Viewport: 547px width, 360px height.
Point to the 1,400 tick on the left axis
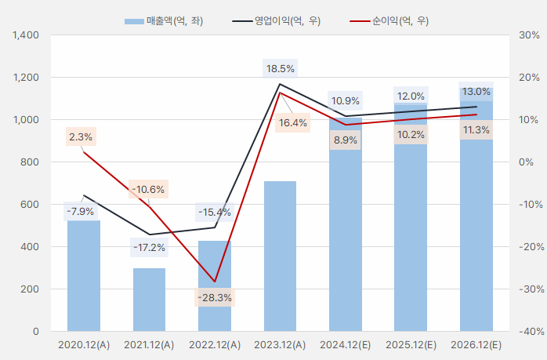[x=26, y=35]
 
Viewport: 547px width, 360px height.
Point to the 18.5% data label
[x=280, y=68]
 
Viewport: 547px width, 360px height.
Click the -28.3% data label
[x=215, y=298]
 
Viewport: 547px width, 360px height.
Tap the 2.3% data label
[x=81, y=136]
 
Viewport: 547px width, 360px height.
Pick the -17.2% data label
[x=149, y=248]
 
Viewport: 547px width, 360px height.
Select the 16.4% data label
[x=293, y=122]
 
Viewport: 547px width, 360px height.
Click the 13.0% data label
[x=476, y=92]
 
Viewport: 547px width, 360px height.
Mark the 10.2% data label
[x=411, y=135]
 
